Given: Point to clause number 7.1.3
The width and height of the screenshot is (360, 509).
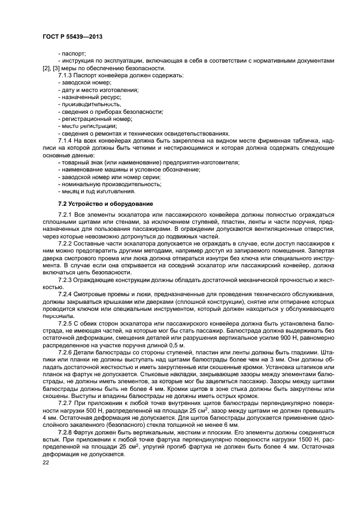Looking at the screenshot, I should pos(67,75).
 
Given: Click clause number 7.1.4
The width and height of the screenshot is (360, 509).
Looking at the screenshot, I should pos(67,140).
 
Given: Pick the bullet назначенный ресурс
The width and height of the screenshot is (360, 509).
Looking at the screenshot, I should pos(86,96).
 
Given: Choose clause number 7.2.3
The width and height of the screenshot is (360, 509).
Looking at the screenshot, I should pos(67,279).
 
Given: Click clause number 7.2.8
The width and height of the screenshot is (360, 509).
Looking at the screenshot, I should pos(67,433).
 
